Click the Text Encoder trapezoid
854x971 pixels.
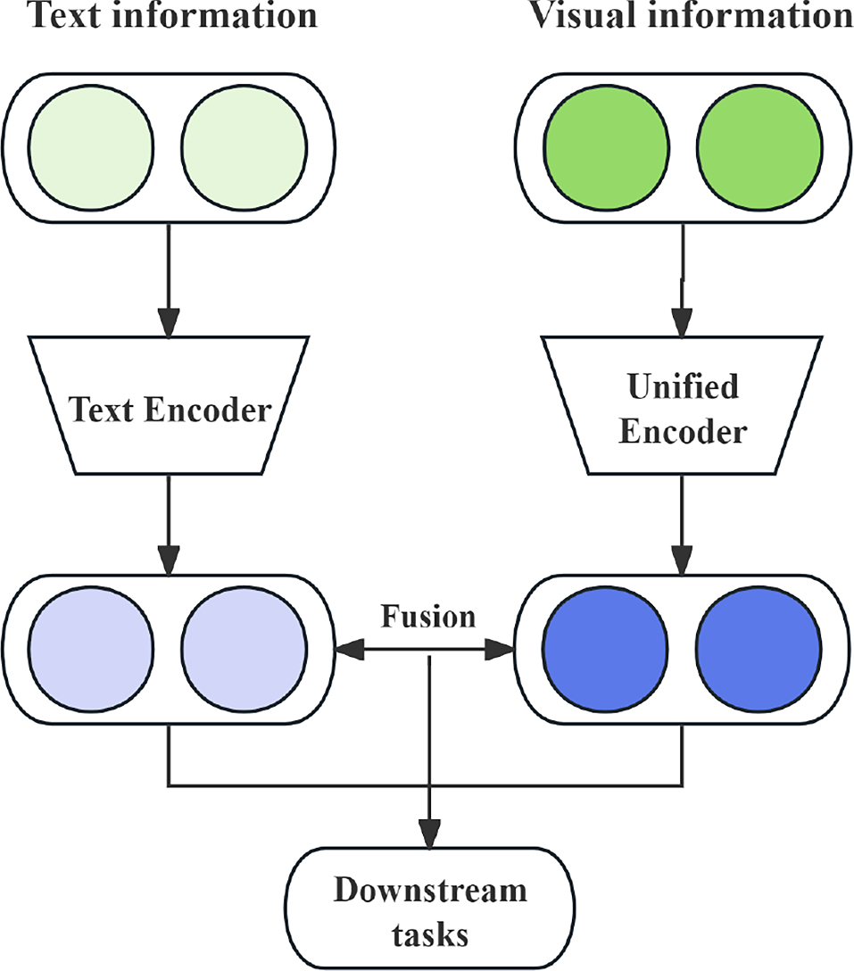[x=169, y=405]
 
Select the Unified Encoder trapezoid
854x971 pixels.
[x=683, y=405]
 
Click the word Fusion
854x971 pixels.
[x=428, y=617]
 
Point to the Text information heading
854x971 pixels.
[x=161, y=15]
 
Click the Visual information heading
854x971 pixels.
[x=691, y=15]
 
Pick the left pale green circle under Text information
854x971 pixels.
[x=91, y=145]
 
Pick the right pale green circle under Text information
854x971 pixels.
[x=244, y=145]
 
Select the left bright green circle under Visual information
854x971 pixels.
[x=606, y=145]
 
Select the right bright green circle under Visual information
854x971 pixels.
[x=759, y=145]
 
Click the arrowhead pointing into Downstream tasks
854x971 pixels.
[x=430, y=835]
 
